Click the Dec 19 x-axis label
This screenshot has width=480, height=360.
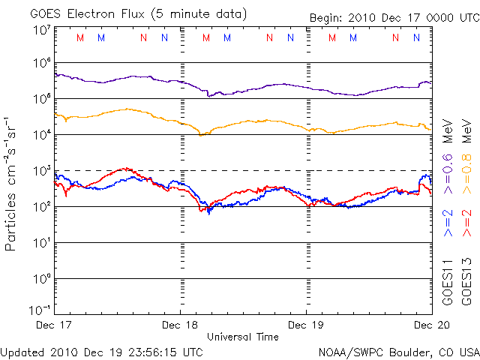(x=306, y=325)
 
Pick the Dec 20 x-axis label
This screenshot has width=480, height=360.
(x=431, y=325)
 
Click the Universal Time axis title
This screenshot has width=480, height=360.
(x=243, y=337)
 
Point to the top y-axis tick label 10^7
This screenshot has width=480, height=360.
(x=41, y=30)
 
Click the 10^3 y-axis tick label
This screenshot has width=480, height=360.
(x=41, y=170)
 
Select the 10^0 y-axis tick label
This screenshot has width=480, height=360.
(x=41, y=278)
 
